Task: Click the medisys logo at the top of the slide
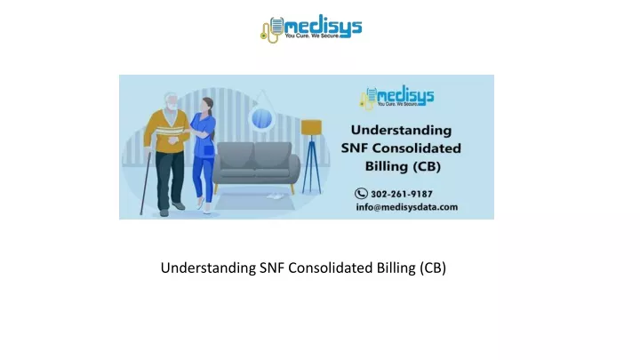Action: pyautogui.click(x=311, y=28)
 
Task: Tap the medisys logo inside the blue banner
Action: pyautogui.click(x=396, y=97)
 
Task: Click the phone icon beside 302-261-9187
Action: pyautogui.click(x=361, y=193)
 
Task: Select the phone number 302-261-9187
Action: pyautogui.click(x=402, y=194)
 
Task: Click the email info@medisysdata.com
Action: pyautogui.click(x=407, y=207)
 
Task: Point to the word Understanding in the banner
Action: pyautogui.click(x=401, y=130)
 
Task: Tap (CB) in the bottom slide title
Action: pyautogui.click(x=433, y=268)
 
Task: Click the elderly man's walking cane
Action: pyautogui.click(x=145, y=183)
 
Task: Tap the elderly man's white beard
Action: pyautogui.click(x=172, y=106)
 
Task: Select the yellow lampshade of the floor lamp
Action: pyautogui.click(x=311, y=127)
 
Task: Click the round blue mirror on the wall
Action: pyautogui.click(x=261, y=118)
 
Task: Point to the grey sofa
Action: pyautogui.click(x=256, y=166)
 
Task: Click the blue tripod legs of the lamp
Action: pyautogui.click(x=312, y=164)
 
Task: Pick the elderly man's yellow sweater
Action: pyautogui.click(x=166, y=131)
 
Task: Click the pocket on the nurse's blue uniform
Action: pyautogui.click(x=209, y=150)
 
